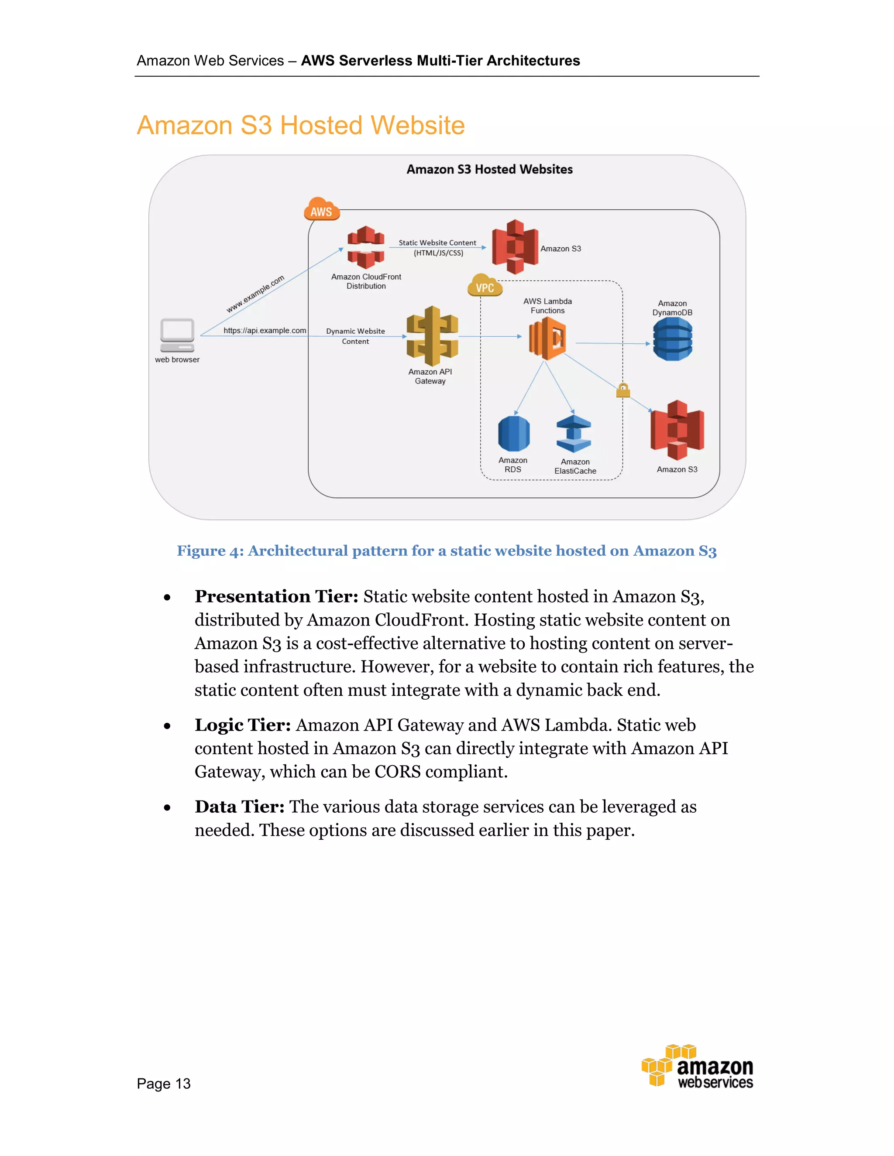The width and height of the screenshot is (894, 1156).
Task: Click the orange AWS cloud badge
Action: coord(321,209)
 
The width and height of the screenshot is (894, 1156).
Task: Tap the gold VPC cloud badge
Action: coord(484,286)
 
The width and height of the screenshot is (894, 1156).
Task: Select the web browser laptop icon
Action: coord(177,335)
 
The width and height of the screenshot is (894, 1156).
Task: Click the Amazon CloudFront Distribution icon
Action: coord(365,247)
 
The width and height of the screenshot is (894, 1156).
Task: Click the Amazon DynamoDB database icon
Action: coord(672,339)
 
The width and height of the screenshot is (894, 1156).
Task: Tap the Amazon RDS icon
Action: coord(514,434)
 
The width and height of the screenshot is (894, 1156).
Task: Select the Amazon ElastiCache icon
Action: coord(574,434)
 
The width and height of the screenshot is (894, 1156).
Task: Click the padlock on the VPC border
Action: coord(623,390)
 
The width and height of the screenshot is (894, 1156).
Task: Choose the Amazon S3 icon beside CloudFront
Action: coord(514,247)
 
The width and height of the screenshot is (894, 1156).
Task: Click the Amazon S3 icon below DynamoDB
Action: coord(677,430)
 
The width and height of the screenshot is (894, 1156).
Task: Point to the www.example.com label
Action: coord(255,294)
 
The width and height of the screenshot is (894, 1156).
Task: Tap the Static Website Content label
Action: coord(437,243)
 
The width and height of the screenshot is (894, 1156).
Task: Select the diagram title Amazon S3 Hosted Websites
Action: coord(489,169)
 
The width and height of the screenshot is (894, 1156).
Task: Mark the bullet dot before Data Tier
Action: coord(167,808)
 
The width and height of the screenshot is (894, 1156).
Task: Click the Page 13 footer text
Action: coord(164,1084)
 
